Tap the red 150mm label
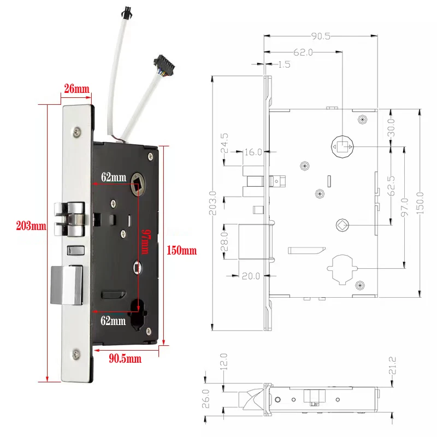click(181, 251)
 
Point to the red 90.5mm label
click(125, 359)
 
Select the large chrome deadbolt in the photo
click(67, 284)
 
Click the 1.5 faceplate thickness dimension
click(284, 64)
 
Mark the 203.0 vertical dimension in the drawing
click(214, 202)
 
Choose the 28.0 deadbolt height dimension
click(225, 242)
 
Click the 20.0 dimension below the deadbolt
click(252, 276)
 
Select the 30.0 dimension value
click(391, 127)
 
